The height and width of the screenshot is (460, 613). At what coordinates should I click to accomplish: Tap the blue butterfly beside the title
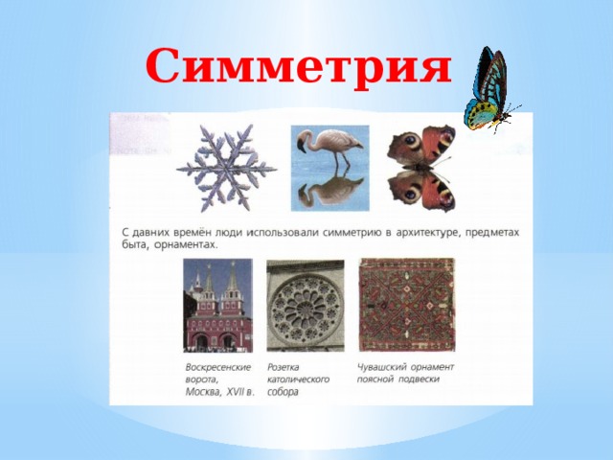tap(488, 91)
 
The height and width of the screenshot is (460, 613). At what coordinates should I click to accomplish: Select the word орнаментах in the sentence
tap(184, 244)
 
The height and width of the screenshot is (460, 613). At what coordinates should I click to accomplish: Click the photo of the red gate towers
tap(218, 307)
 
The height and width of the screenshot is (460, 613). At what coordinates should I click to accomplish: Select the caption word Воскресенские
tap(218, 367)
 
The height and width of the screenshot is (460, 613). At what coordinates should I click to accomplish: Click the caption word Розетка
tap(284, 367)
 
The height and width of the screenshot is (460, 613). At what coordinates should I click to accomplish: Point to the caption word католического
tap(298, 379)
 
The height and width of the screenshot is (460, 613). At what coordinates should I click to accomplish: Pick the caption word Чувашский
tap(378, 367)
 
